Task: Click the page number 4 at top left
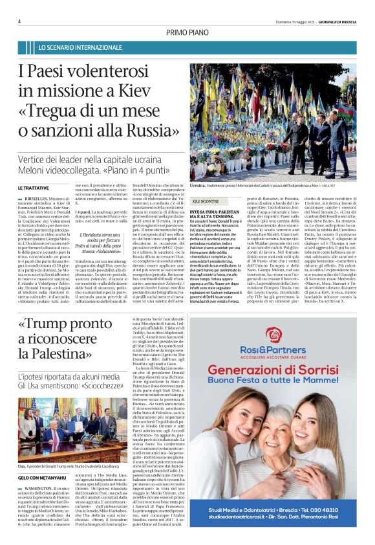tap(20, 21)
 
